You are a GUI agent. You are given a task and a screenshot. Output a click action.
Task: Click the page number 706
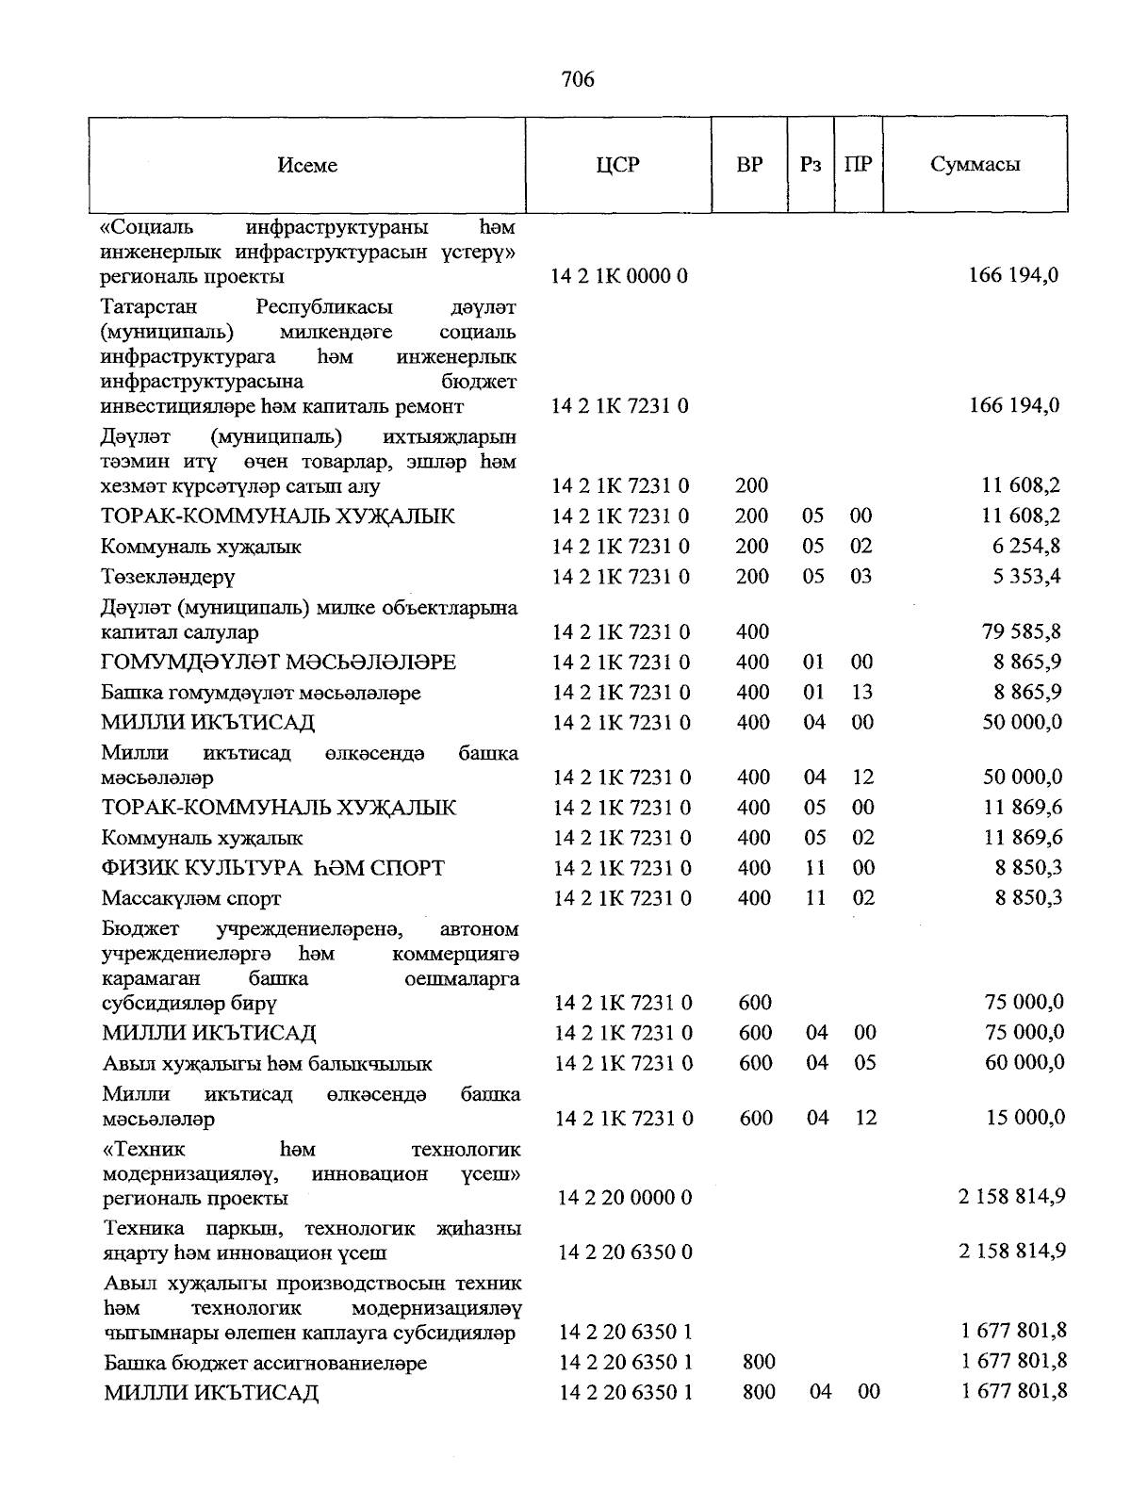(578, 79)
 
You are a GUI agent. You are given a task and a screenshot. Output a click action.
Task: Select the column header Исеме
(307, 165)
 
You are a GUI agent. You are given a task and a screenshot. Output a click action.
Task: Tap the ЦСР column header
(617, 165)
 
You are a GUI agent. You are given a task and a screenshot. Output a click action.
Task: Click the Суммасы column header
(975, 164)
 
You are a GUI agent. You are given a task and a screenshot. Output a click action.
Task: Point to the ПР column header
(858, 164)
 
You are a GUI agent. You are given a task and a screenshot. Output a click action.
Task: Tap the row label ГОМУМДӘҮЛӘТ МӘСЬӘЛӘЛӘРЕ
(279, 663)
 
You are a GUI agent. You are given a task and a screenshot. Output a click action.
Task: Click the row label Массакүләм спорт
(191, 898)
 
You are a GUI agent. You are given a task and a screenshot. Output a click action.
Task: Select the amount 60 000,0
(1024, 1062)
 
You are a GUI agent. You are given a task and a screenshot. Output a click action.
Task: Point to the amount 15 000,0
(1025, 1117)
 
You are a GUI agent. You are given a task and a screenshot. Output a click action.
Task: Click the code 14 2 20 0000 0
(625, 1197)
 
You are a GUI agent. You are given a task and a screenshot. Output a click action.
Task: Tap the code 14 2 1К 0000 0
(620, 275)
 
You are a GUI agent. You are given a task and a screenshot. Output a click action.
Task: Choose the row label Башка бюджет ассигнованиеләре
(266, 1363)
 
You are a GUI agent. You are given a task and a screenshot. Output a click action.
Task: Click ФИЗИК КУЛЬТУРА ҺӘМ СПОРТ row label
(273, 868)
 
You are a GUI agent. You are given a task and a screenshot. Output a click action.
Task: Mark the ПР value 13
(861, 692)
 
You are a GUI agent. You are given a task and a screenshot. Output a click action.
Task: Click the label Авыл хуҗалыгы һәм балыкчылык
(268, 1064)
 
